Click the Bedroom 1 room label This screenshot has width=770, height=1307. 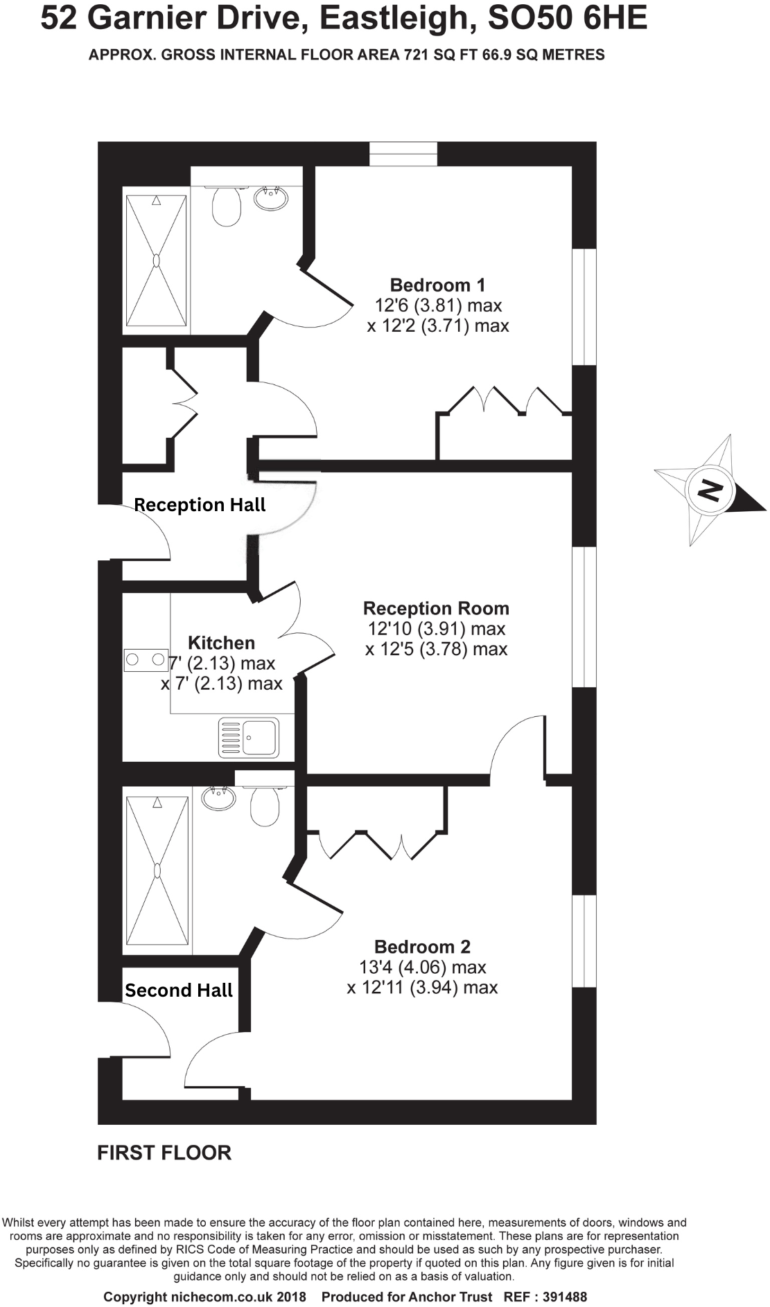click(437, 285)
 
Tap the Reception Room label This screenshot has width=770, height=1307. click(436, 608)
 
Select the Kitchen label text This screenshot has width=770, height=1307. click(221, 643)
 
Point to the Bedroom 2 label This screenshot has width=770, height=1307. click(422, 947)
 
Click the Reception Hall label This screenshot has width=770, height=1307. click(200, 505)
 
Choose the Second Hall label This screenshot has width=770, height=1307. click(179, 990)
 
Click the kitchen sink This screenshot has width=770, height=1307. click(249, 737)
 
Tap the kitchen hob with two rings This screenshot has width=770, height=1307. click(146, 660)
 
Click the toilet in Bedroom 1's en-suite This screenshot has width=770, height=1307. click(227, 204)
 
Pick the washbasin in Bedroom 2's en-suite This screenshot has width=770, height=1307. click(218, 798)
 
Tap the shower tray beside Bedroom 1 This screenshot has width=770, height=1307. click(156, 260)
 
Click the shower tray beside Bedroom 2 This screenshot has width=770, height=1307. click(157, 871)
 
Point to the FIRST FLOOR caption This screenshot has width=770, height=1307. click(164, 1153)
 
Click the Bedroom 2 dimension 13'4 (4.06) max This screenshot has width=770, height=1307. click(422, 967)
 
